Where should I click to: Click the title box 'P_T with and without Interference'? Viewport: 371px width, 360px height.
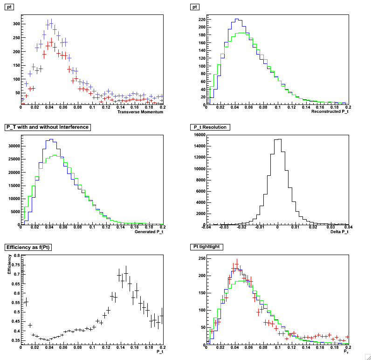(x=46, y=127)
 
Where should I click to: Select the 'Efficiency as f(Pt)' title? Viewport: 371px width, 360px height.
(x=28, y=247)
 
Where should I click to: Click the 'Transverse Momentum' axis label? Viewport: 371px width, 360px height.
(x=140, y=112)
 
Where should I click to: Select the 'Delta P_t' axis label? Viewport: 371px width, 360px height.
(x=339, y=232)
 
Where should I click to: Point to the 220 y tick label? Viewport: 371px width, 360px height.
(x=201, y=20)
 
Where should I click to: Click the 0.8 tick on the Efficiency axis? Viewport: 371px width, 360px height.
(x=15, y=256)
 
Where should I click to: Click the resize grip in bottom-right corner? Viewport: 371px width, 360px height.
(x=367, y=356)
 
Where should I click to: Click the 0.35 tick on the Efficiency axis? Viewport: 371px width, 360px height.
(x=14, y=341)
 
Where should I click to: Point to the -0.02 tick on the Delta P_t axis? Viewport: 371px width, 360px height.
(x=242, y=228)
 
